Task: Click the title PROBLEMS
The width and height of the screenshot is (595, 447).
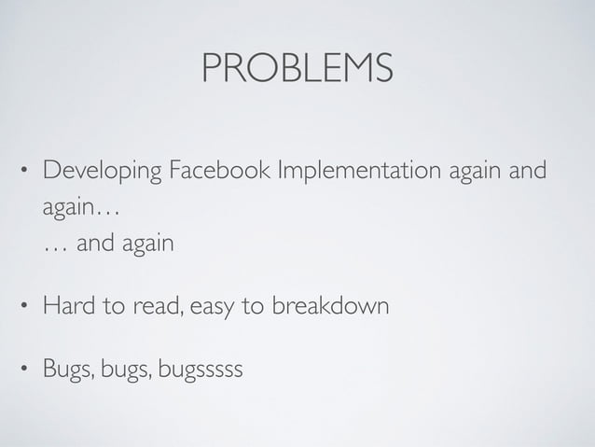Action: (x=297, y=67)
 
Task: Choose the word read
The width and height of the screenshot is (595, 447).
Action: (x=146, y=305)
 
